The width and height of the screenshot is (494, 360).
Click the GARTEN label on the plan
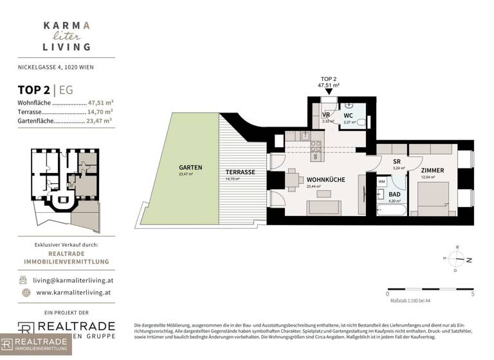coord(190,167)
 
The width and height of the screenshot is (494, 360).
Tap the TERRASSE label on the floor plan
coord(241,172)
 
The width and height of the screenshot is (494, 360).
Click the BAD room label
coord(394,194)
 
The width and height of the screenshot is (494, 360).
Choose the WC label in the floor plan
coord(348,115)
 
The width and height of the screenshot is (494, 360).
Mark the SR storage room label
coord(397,162)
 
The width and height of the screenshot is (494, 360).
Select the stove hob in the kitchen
coord(316,146)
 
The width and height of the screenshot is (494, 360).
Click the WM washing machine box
coord(381,182)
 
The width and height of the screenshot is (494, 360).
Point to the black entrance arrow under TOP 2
coord(329,91)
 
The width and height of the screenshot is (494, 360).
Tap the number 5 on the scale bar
coord(473,293)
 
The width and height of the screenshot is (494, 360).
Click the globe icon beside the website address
coord(25,292)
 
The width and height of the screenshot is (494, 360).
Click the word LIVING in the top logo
coord(67,46)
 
